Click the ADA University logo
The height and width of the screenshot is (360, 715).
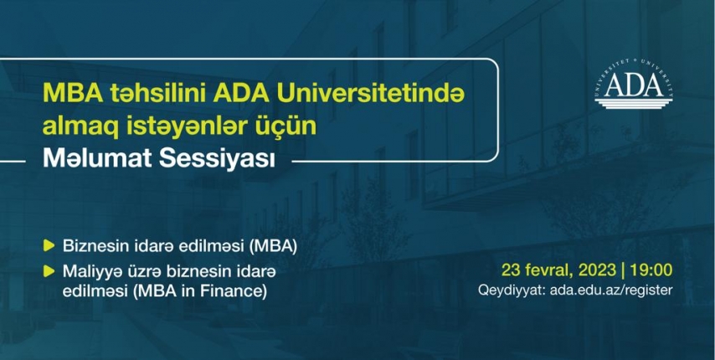[x=634, y=85]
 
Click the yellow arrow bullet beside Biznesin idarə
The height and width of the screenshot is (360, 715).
[x=49, y=246]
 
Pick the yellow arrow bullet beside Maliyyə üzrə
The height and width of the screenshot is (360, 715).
[x=49, y=271]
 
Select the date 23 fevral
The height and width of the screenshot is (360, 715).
[x=538, y=270]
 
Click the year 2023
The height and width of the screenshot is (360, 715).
[x=597, y=270]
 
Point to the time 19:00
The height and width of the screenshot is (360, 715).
[x=651, y=270]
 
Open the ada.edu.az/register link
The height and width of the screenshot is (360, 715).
[x=611, y=291]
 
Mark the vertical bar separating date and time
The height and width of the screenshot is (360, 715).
[x=624, y=270]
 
